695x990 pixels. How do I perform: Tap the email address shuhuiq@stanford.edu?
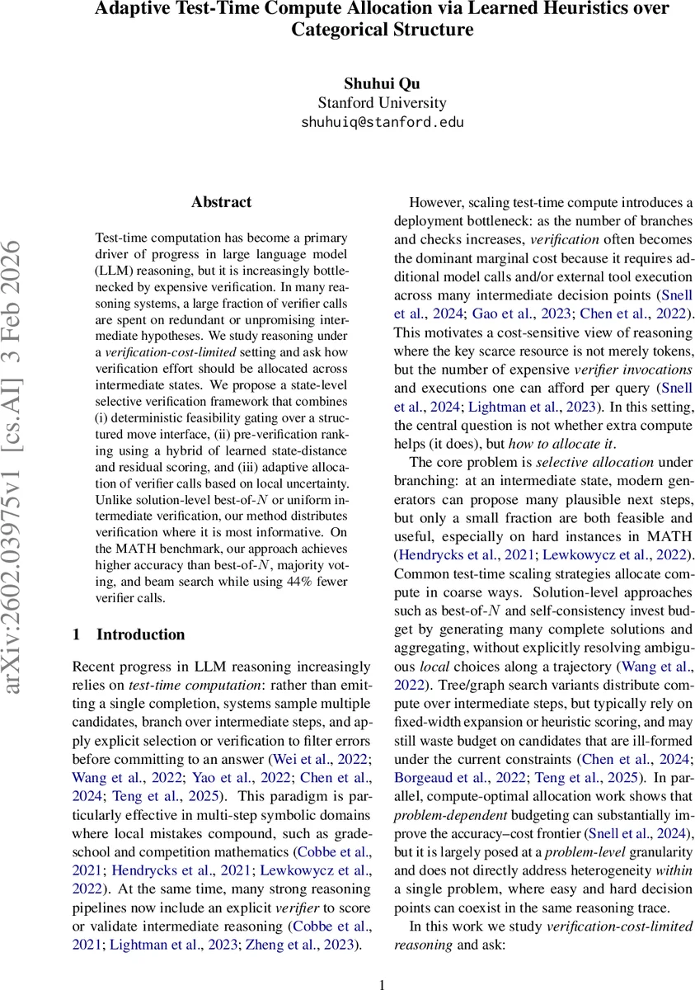382,122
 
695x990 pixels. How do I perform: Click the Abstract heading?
221,202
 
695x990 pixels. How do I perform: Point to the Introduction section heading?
140,634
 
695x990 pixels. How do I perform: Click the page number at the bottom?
382,983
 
